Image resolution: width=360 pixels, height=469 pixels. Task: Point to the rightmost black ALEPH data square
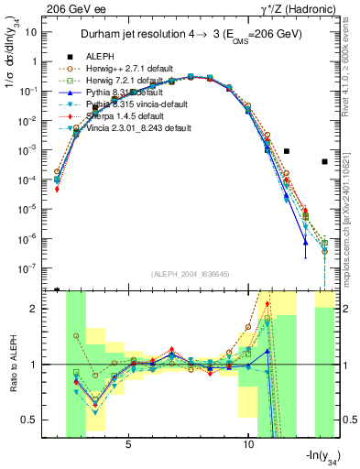click(325, 162)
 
